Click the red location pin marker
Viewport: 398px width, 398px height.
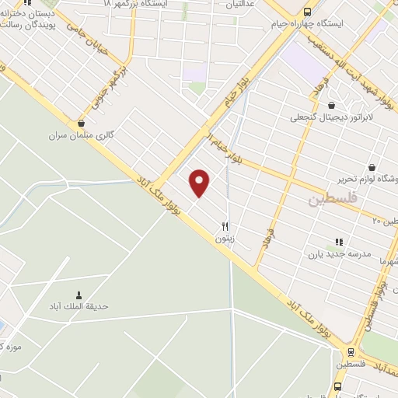point(200,183)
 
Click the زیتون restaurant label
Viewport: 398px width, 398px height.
point(225,239)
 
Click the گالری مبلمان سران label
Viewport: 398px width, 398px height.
point(82,134)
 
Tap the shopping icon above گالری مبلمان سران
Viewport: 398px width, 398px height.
point(82,122)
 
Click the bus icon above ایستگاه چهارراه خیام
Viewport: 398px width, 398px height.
point(308,11)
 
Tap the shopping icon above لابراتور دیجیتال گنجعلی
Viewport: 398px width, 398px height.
point(332,105)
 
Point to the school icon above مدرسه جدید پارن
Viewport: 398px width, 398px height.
point(338,242)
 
